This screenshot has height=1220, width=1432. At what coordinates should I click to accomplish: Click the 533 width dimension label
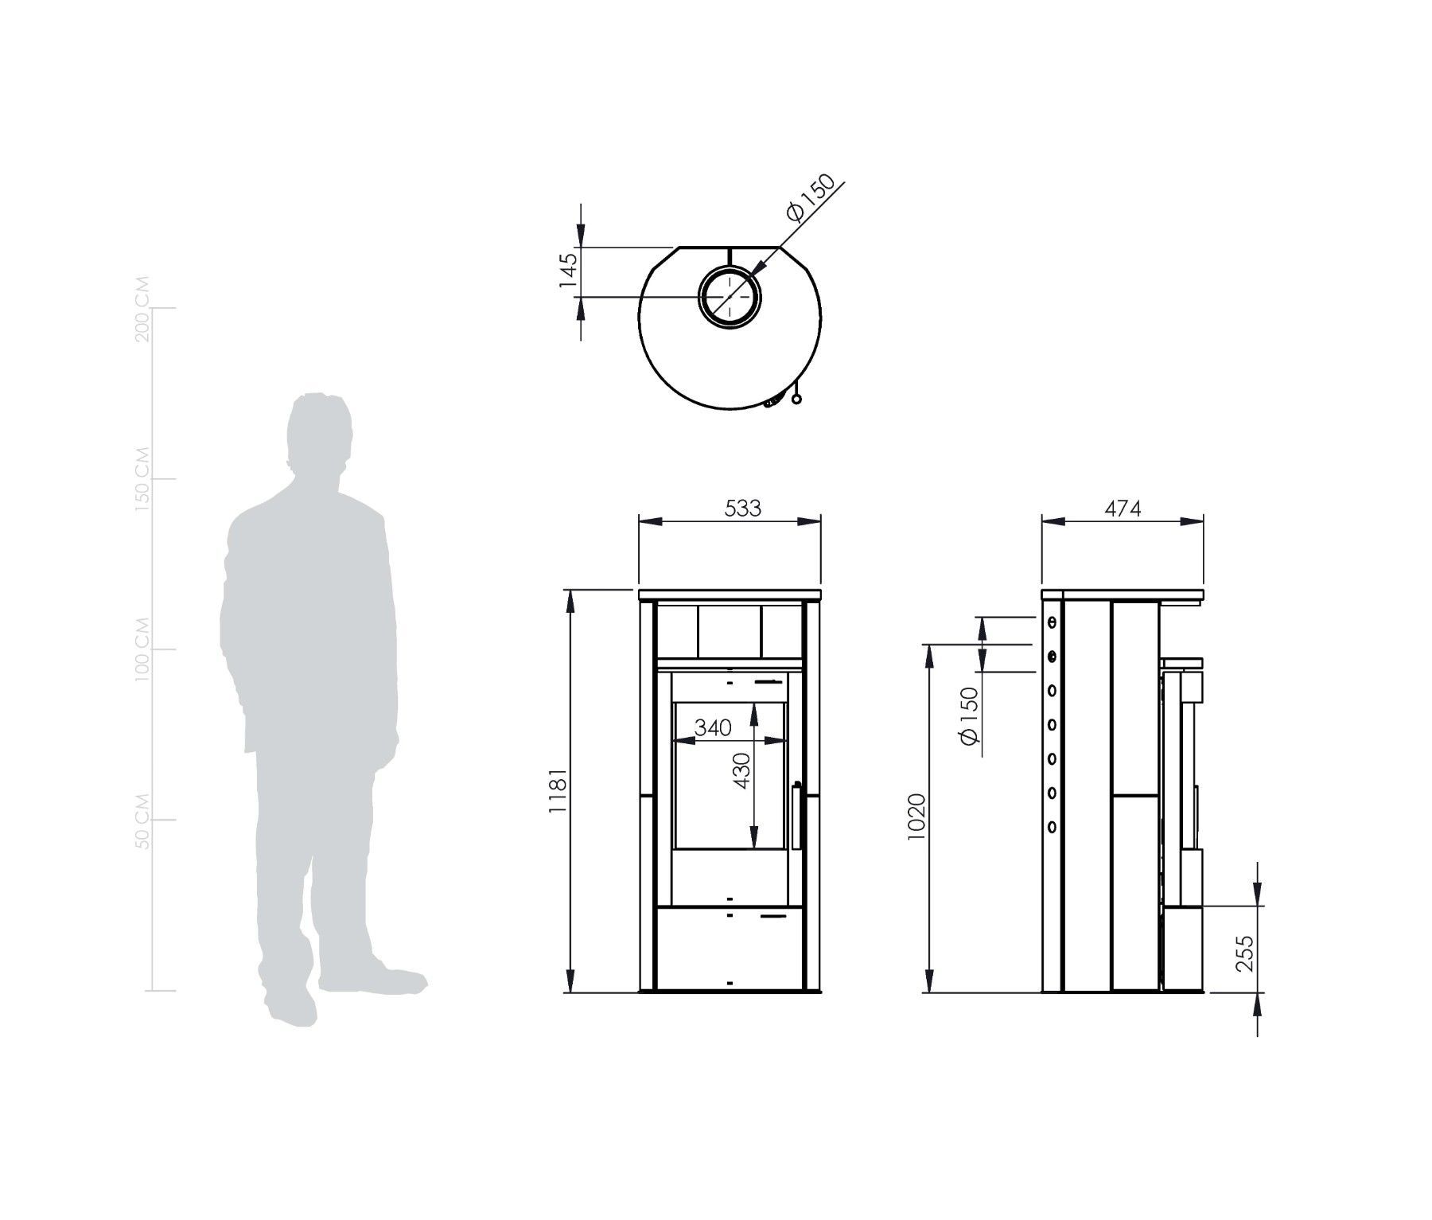[x=742, y=508]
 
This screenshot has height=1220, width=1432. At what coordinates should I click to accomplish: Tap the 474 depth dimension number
[x=1123, y=508]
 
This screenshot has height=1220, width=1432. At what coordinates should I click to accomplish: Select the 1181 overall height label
[x=557, y=790]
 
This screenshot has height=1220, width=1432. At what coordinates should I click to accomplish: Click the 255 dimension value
[x=1245, y=953]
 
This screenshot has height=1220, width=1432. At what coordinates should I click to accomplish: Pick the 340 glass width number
[x=713, y=727]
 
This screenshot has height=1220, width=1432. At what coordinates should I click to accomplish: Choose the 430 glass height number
[x=741, y=770]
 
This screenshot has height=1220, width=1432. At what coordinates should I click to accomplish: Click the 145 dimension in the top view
[x=566, y=271]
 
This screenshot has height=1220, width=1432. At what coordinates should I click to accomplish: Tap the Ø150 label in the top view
[x=810, y=197]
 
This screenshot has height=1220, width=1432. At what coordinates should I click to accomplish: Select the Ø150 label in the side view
[x=968, y=715]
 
